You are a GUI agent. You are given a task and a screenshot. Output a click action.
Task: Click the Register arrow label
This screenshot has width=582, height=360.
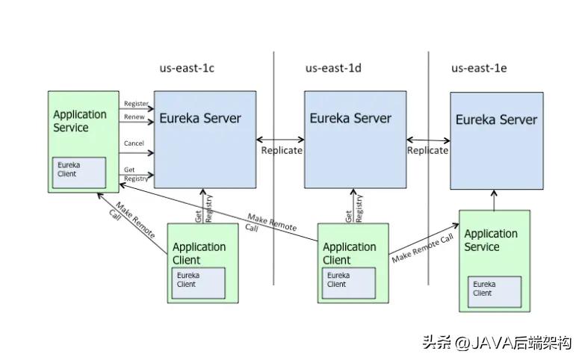(136, 104)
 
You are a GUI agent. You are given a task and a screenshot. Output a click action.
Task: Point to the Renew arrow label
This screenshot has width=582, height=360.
(135, 117)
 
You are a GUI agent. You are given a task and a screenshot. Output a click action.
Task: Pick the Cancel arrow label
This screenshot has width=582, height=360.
(135, 143)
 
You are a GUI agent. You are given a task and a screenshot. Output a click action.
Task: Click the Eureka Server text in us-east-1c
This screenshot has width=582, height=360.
(199, 118)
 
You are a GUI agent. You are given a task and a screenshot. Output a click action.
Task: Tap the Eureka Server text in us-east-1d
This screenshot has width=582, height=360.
(350, 118)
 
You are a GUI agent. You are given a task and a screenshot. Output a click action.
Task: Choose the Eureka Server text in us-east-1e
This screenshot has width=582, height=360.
(496, 120)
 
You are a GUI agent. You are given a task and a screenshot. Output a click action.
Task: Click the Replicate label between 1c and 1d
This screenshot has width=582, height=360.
(282, 150)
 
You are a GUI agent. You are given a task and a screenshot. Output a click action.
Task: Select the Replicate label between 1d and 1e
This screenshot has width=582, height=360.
(427, 150)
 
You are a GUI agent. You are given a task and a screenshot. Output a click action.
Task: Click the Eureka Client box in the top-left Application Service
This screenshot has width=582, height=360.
(78, 173)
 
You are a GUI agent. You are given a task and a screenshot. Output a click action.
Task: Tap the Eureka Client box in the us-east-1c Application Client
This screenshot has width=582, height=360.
(198, 279)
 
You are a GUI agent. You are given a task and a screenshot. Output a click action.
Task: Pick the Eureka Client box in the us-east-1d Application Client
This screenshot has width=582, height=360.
(348, 279)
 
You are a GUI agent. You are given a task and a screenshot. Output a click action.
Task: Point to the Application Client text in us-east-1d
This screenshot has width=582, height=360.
(349, 253)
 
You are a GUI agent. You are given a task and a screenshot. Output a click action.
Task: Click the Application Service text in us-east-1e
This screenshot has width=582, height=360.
(491, 240)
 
